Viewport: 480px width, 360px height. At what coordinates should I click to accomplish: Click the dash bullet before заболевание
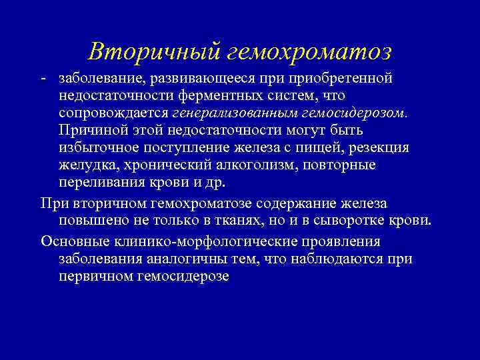point(43,79)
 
